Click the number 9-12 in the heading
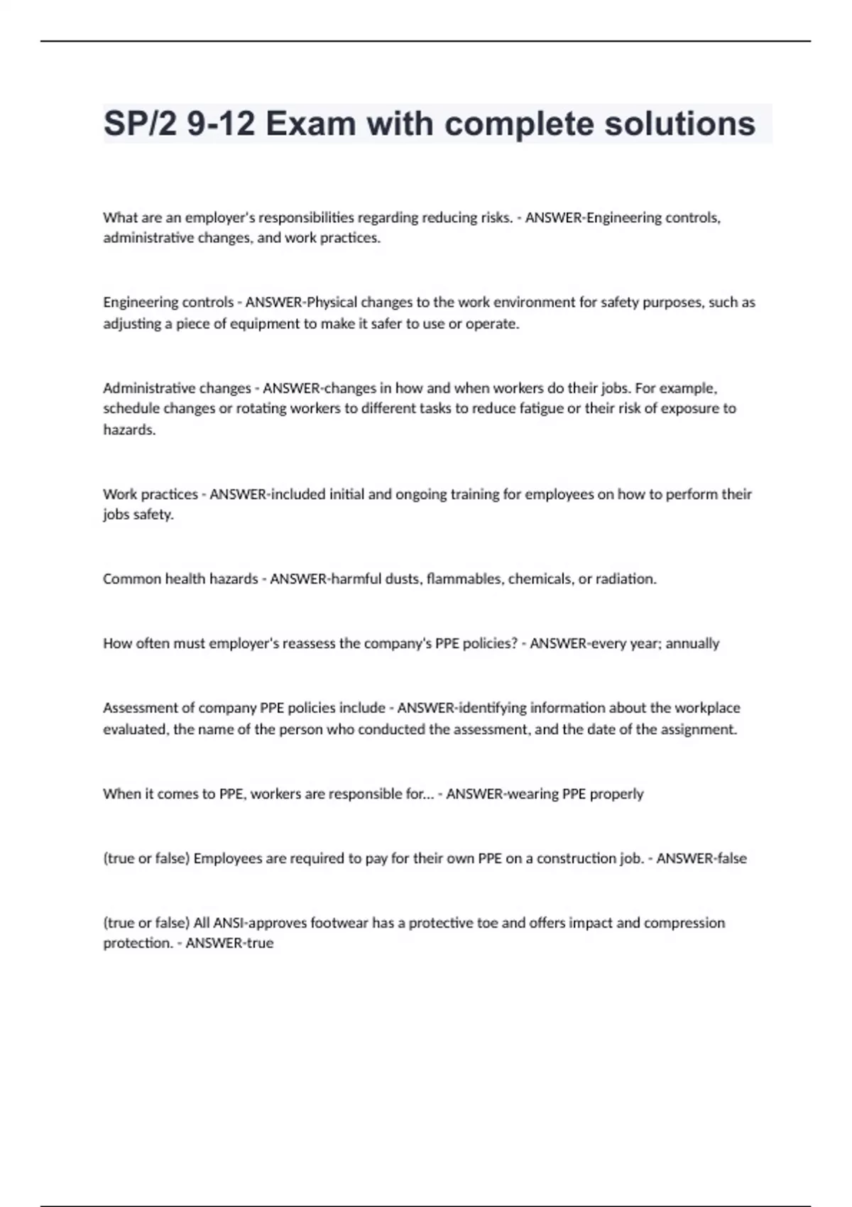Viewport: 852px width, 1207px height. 221,124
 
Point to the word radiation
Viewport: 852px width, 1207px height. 626,579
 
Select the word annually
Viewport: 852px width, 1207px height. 693,644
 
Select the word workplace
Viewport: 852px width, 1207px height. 707,708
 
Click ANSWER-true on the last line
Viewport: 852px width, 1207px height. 229,944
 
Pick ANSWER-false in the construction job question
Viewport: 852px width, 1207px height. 701,858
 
